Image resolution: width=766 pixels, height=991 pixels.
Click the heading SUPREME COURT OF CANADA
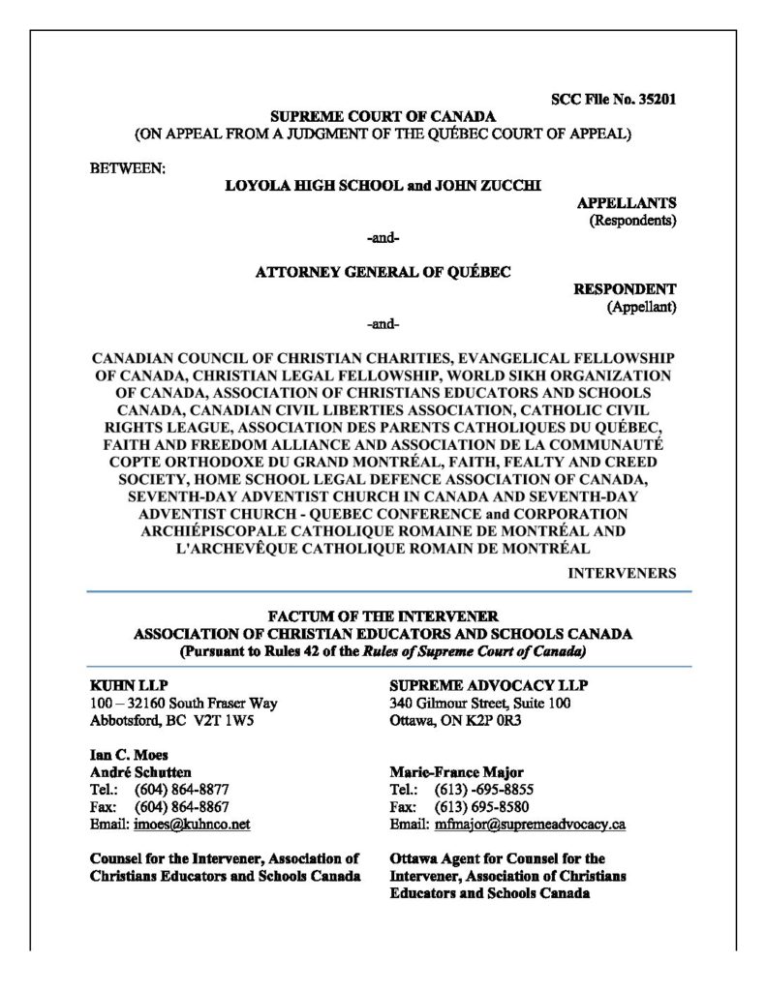pyautogui.click(x=383, y=117)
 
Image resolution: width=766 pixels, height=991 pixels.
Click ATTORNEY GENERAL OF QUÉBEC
pyautogui.click(x=383, y=272)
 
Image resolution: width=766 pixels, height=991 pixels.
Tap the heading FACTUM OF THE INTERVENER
pyautogui.click(x=383, y=616)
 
